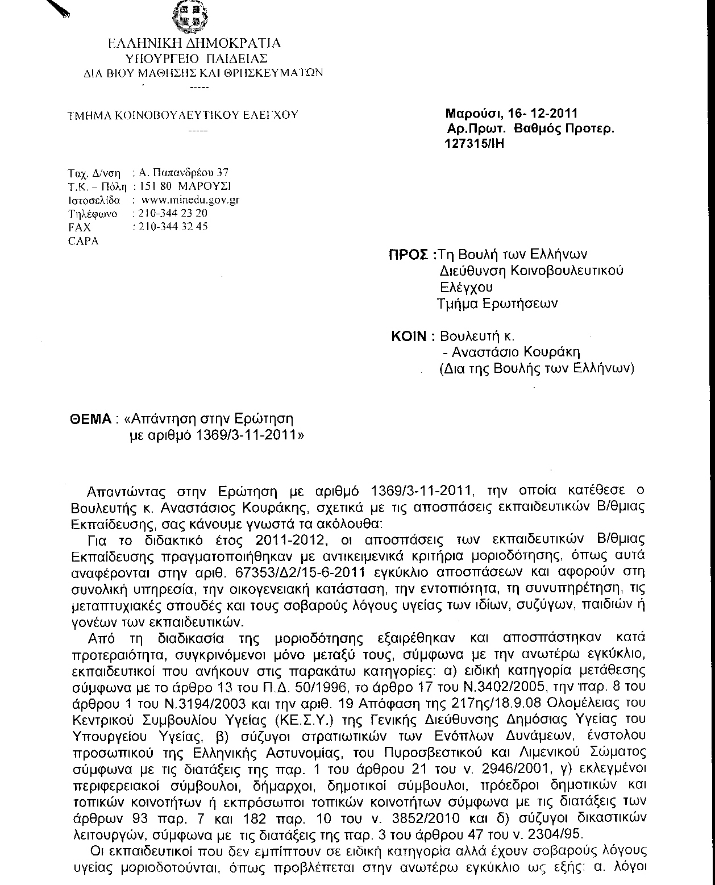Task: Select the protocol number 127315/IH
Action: [473, 143]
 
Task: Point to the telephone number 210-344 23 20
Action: [169, 213]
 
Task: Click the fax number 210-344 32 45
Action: [170, 226]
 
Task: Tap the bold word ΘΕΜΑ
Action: [90, 420]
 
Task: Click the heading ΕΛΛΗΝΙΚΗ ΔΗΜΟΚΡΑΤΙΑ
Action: [194, 43]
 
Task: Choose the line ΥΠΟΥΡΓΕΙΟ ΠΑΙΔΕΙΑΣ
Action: [197, 58]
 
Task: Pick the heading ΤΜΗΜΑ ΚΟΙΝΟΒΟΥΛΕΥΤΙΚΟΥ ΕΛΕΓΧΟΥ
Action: [182, 115]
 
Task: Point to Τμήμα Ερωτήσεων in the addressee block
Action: [497, 303]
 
